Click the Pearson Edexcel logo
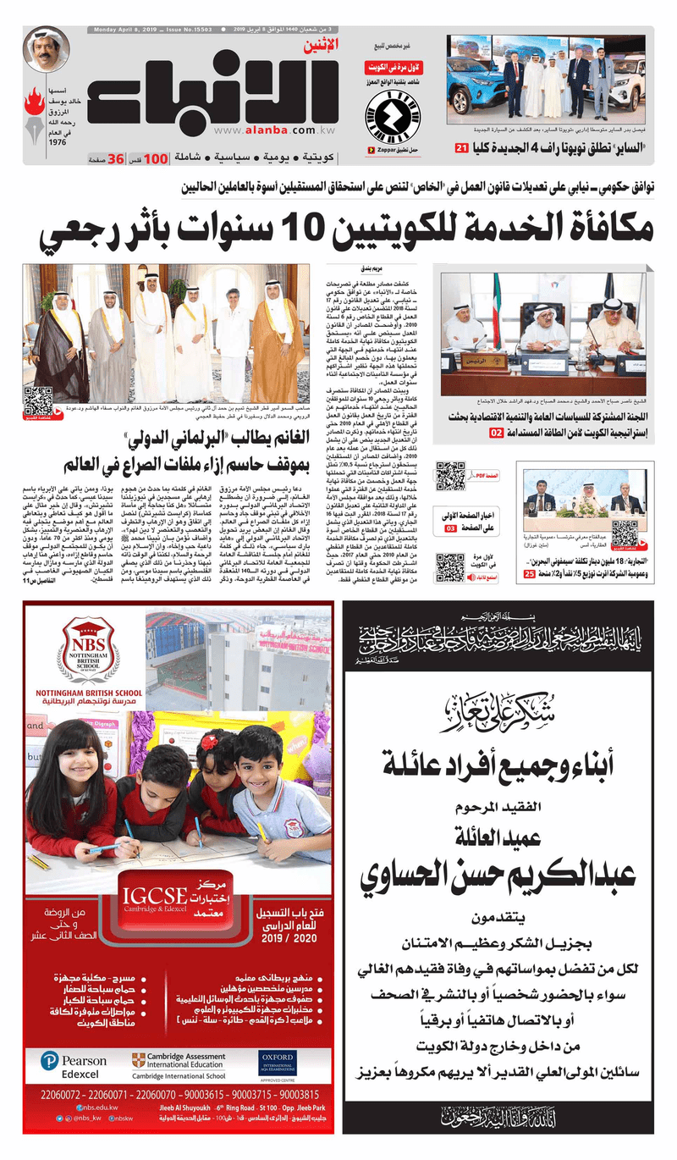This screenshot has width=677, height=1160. [77, 1065]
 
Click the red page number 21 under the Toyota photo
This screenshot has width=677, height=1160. [461, 149]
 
